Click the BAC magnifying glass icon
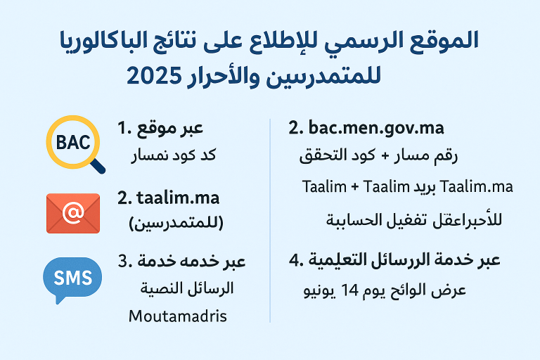tap(70, 143)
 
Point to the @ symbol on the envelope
tap(72, 212)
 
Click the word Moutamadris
tap(178, 316)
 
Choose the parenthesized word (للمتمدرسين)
tap(176, 224)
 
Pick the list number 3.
tap(126, 262)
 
